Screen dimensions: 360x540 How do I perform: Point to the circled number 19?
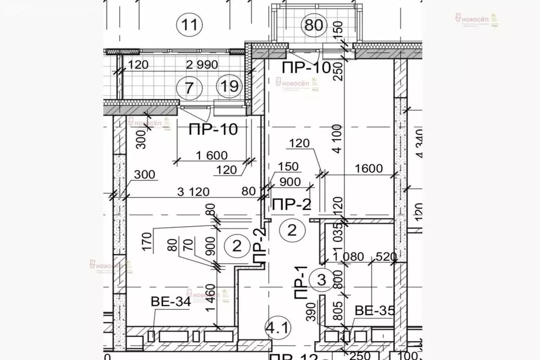click(x=230, y=86)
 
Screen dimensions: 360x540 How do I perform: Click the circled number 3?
click(x=319, y=280)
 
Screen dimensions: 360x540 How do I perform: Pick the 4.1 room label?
click(x=277, y=329)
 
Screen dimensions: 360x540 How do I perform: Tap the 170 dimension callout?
click(x=146, y=244)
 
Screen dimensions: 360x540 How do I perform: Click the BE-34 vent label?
click(x=170, y=302)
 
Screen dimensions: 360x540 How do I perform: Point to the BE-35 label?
click(x=374, y=310)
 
